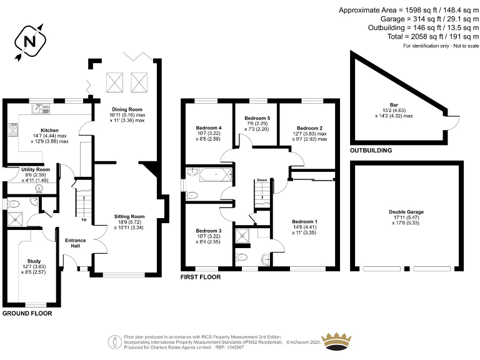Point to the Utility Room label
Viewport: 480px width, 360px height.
35,169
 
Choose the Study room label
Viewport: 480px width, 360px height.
34,261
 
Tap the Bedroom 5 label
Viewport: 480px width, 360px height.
257,118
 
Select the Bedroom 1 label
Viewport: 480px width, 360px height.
304,222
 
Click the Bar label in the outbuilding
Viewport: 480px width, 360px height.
394,105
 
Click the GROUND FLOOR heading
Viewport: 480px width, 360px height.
27,313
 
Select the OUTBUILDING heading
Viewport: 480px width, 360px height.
371,151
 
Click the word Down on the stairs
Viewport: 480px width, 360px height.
262,181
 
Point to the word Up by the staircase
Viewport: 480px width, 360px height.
84,219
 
